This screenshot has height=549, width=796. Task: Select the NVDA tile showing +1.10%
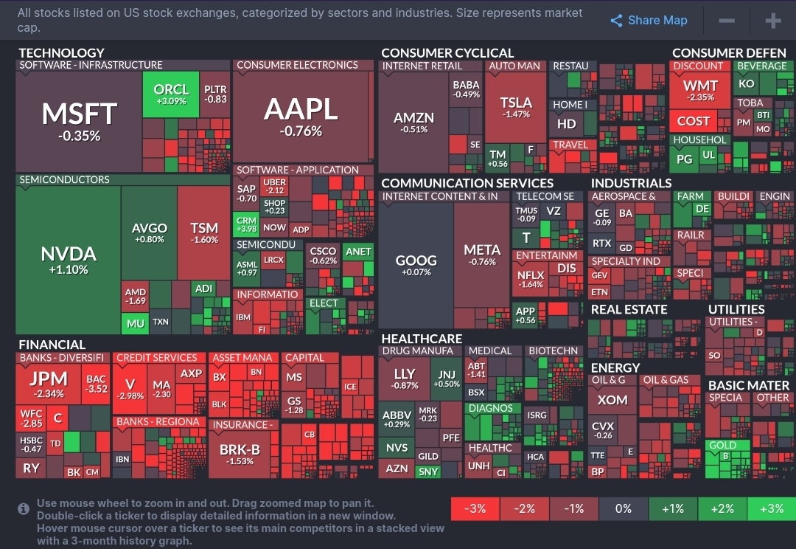[x=69, y=260]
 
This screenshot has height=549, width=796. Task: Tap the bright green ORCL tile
[x=171, y=94]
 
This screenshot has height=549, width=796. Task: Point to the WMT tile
[x=699, y=91]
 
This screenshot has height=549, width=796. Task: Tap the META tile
[x=482, y=255]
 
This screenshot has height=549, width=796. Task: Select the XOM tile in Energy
[x=612, y=400]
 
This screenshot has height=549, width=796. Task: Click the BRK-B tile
[x=240, y=453]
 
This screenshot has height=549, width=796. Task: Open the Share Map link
[x=649, y=21]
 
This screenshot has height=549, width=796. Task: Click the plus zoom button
[x=772, y=21]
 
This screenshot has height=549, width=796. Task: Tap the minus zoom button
[x=726, y=21]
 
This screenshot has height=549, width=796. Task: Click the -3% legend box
[x=475, y=509]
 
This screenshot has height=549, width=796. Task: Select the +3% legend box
[x=771, y=509]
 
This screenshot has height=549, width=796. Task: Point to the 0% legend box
[x=623, y=509]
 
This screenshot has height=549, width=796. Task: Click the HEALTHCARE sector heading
[x=422, y=339]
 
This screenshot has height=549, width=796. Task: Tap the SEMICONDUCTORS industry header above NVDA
[x=64, y=180]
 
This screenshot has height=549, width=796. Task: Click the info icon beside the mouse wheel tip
[x=24, y=508]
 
